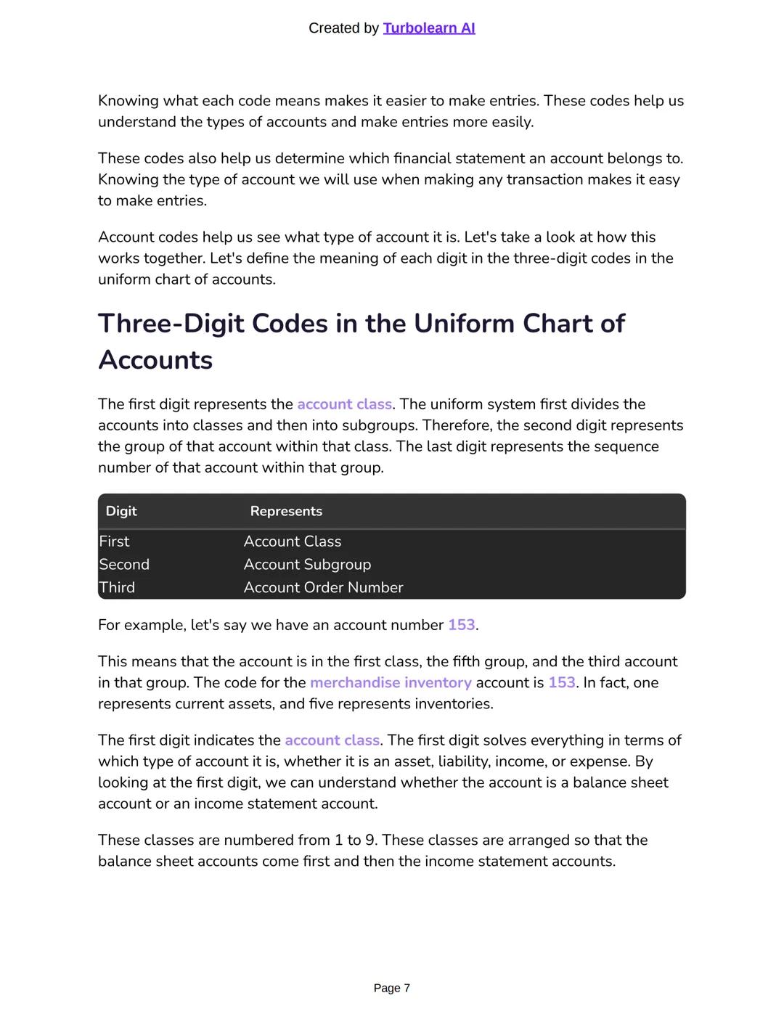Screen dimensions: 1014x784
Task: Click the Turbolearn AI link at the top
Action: point(428,28)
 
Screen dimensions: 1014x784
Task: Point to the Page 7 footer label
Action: point(391,988)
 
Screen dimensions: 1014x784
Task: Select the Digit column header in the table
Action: point(121,511)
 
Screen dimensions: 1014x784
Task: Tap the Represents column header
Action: point(286,511)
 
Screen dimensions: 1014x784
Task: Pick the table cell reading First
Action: point(114,541)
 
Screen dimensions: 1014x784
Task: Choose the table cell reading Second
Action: point(124,565)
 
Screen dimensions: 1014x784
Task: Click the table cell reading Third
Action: point(117,587)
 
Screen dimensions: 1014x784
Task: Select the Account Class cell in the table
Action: point(293,541)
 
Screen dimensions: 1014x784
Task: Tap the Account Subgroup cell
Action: point(307,565)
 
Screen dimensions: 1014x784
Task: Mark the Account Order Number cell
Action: point(323,587)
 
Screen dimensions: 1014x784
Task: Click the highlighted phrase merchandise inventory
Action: point(391,683)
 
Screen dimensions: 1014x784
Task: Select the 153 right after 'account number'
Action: point(462,625)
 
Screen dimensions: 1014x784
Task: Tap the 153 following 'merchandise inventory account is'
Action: point(561,683)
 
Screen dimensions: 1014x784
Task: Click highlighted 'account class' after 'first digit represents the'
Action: point(344,404)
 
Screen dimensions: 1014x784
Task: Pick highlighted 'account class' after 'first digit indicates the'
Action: point(332,740)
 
